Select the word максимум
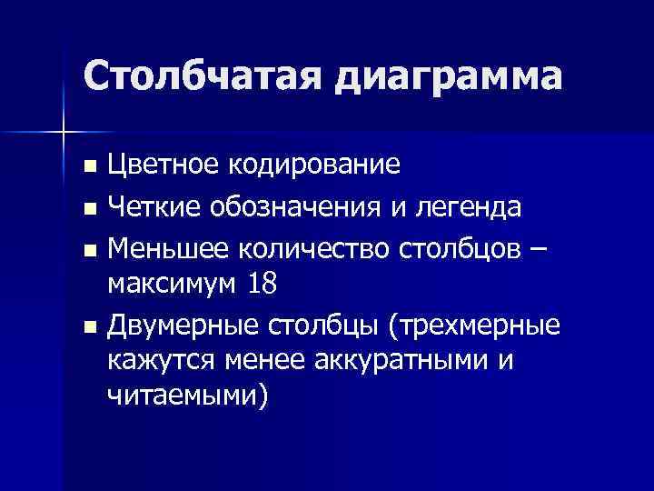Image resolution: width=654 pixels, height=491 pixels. pyautogui.click(x=172, y=285)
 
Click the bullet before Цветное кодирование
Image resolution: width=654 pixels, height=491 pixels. pyautogui.click(x=87, y=167)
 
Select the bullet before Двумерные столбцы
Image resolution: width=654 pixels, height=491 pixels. pyautogui.click(x=87, y=326)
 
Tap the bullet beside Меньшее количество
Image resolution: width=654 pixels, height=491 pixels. pyautogui.click(x=87, y=247)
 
